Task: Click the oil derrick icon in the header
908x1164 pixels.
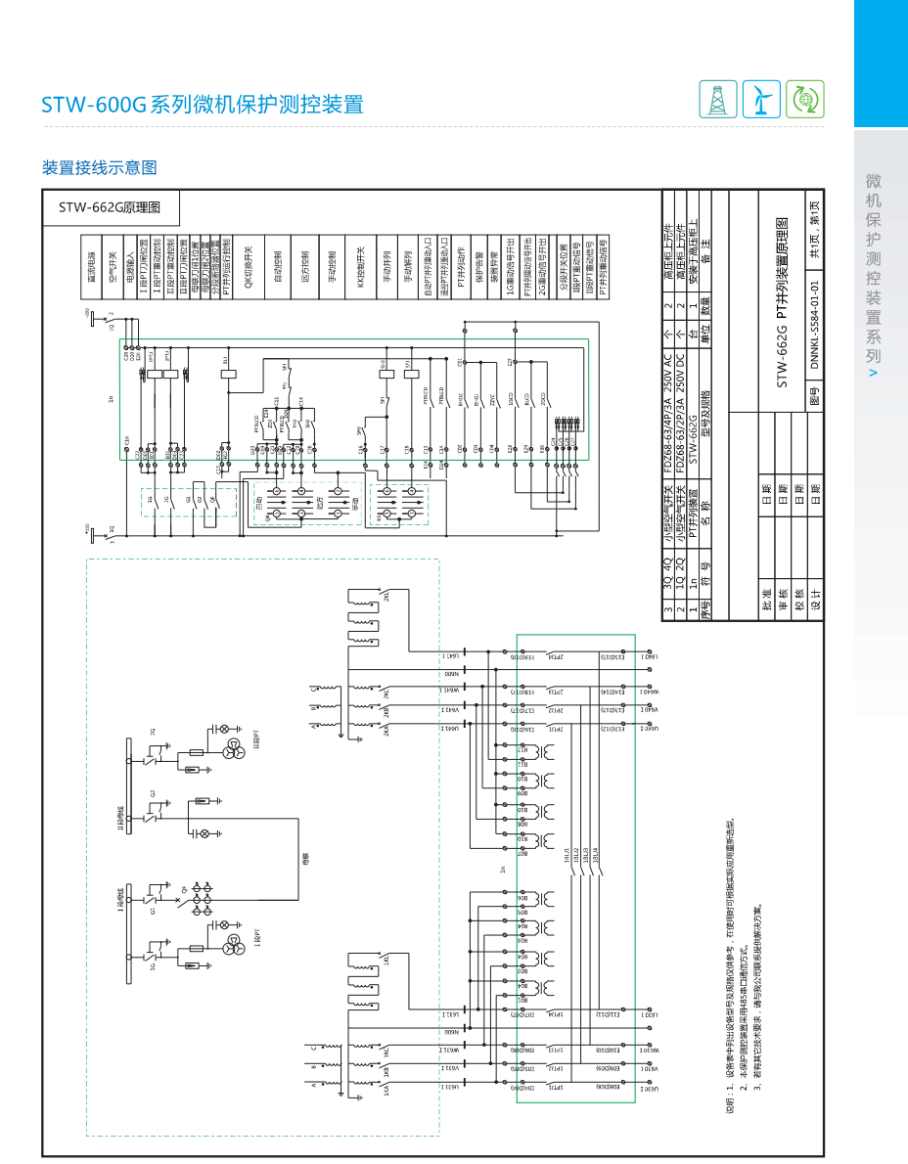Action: pyautogui.click(x=718, y=99)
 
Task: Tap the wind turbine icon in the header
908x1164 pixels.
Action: pyautogui.click(x=761, y=99)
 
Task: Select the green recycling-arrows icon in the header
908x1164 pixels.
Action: pyautogui.click(x=804, y=99)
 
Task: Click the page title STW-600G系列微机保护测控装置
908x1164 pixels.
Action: pyautogui.click(x=203, y=105)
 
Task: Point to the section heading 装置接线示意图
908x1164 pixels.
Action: pyautogui.click(x=99, y=167)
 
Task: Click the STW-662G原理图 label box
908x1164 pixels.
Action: pyautogui.click(x=109, y=206)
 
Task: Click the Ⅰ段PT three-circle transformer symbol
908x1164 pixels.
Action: pyautogui.click(x=234, y=945)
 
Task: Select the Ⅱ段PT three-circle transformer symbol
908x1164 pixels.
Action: pyautogui.click(x=234, y=749)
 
